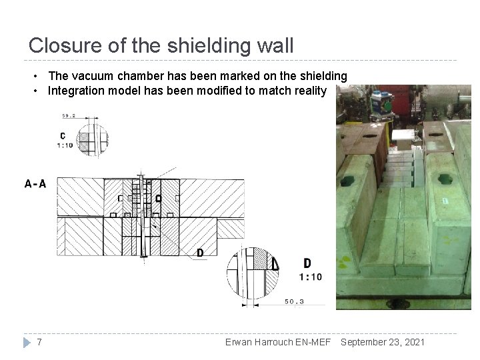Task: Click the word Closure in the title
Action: (x=65, y=45)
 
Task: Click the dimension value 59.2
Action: (x=69, y=116)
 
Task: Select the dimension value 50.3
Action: (x=294, y=301)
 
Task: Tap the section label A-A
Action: (x=35, y=184)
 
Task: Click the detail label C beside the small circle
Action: (x=63, y=136)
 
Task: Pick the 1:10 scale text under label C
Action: (x=65, y=145)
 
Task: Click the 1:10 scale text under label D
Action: (x=311, y=277)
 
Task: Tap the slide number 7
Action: (x=39, y=342)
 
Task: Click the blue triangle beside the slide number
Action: (x=27, y=343)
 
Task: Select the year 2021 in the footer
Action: (x=415, y=342)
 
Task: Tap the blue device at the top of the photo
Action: (x=382, y=103)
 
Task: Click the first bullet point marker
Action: (x=36, y=76)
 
